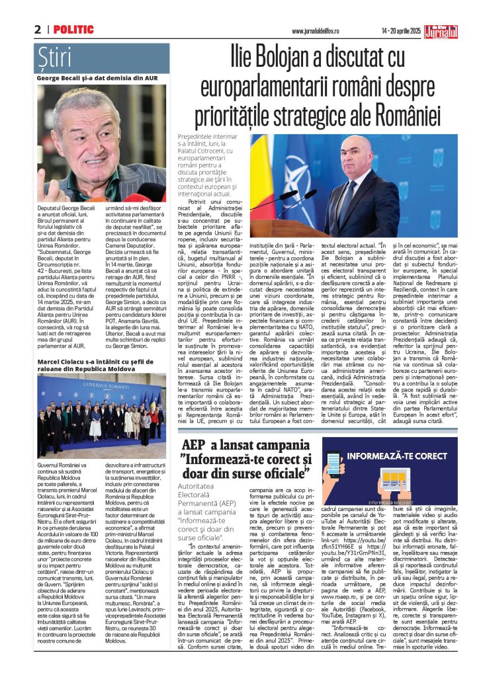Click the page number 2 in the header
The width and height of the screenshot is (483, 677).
point(38,30)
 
